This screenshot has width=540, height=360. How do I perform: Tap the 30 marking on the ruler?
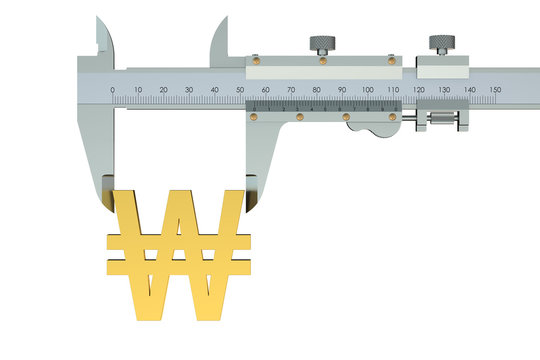pyautogui.click(x=189, y=90)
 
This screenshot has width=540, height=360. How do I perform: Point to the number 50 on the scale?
pyautogui.click(x=241, y=90)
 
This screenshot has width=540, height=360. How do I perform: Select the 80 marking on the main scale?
pyautogui.click(x=317, y=90)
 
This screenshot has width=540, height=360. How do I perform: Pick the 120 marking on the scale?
pyautogui.click(x=419, y=90)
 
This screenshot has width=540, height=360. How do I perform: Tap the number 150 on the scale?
pyautogui.click(x=496, y=90)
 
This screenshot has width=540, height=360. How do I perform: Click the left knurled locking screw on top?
pyautogui.click(x=323, y=44)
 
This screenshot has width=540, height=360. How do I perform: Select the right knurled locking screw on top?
pyautogui.click(x=440, y=44)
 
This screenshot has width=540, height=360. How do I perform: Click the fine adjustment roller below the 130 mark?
pyautogui.click(x=440, y=122)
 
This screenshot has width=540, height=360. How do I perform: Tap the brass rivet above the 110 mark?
pyautogui.click(x=390, y=59)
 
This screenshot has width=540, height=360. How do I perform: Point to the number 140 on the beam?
pyautogui.click(x=470, y=90)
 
